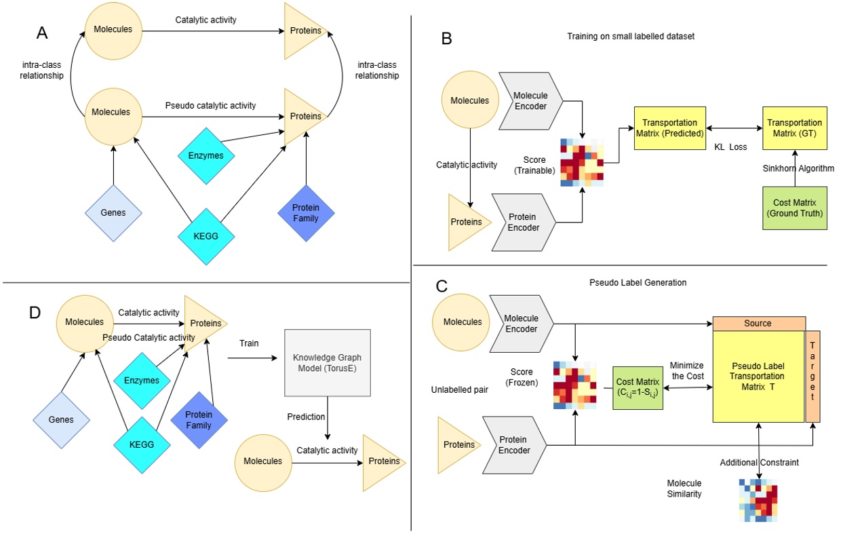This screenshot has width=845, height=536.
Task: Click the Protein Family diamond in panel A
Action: coord(307,212)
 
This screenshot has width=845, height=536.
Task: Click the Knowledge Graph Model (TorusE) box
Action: coord(328,363)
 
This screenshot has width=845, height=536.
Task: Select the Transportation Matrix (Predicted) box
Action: coord(669,128)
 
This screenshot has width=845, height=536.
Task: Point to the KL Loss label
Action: coord(729,146)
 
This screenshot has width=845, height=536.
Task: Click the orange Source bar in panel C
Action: coord(758,323)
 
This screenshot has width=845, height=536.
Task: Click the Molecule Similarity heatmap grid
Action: coord(758,500)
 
